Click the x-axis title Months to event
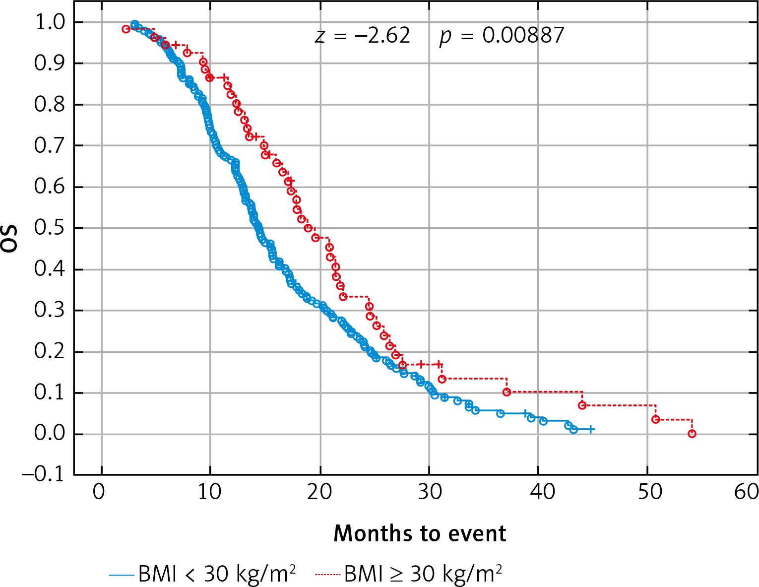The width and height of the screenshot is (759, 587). click(420, 534)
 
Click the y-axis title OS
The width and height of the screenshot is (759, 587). click(11, 239)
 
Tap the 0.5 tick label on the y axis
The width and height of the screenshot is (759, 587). click(48, 229)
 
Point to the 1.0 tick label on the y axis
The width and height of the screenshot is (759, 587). click(48, 23)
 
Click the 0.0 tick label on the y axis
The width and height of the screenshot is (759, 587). click(48, 434)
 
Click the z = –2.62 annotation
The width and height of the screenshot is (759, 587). click(363, 36)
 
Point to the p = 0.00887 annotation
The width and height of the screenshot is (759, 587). click(502, 36)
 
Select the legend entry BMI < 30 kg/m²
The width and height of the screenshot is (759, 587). click(203, 574)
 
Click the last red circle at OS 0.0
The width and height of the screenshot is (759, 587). click(692, 434)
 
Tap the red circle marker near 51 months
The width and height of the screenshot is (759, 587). click(655, 419)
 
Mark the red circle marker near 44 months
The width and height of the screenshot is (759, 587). click(582, 405)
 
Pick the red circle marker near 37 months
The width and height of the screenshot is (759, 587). click(506, 392)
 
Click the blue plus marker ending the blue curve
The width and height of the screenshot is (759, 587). click(590, 429)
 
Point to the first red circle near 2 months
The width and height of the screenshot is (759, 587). click(126, 29)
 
